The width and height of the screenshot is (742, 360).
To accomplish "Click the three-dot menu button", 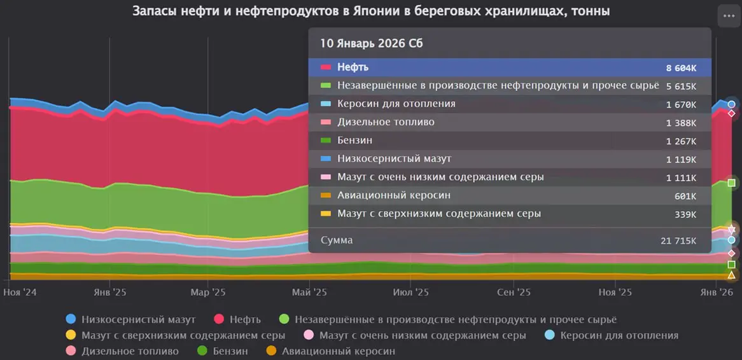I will (727, 16).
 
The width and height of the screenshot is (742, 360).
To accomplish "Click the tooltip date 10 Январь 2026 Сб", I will (372, 43).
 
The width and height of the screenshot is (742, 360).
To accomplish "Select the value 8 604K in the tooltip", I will (680, 67).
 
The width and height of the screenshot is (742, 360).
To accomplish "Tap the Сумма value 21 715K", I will (678, 241).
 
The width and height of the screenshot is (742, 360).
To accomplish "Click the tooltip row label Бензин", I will (354, 141).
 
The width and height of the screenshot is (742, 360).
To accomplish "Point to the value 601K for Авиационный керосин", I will (685, 197).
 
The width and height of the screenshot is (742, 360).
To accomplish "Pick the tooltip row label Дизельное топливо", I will (386, 122).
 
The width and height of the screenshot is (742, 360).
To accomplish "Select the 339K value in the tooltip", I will (685, 215).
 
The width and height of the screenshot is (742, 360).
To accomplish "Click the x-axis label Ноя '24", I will (20, 293).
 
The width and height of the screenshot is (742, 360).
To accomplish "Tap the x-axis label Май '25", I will (309, 293).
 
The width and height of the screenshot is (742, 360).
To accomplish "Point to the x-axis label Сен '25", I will (514, 293).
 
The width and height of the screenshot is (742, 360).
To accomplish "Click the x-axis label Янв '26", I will (717, 293).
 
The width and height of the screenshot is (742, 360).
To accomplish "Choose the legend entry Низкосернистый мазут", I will (139, 319).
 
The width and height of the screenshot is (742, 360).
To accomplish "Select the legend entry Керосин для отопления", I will (619, 335).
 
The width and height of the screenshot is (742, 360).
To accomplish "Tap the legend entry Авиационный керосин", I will (338, 351).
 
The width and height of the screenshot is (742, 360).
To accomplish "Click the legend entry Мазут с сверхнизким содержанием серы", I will (183, 335).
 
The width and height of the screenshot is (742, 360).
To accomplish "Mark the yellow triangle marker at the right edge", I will (731, 275).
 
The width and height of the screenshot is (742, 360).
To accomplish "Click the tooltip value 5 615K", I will (680, 87).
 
